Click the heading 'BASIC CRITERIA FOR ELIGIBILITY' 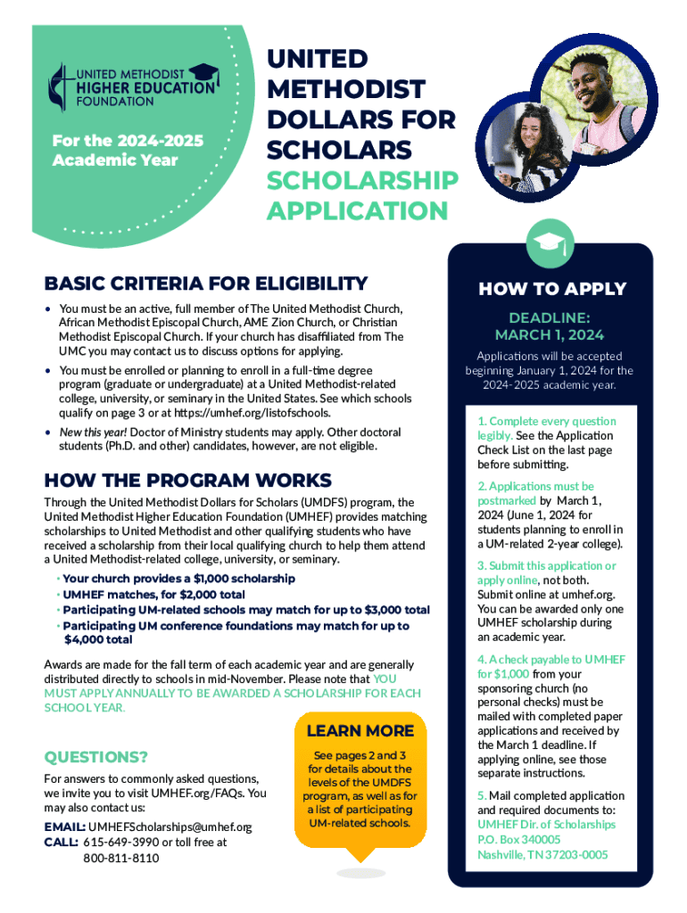tap(206, 284)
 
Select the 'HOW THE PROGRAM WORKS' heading tap(188, 480)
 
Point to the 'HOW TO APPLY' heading tap(552, 289)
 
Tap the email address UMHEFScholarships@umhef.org tap(170, 827)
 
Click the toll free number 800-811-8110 tap(121, 858)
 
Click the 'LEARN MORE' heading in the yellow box tap(360, 731)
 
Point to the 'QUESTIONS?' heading tap(96, 757)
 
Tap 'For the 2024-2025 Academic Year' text tap(128, 151)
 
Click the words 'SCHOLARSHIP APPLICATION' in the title tap(362, 195)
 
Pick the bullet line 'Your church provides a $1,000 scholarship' tap(178, 579)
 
